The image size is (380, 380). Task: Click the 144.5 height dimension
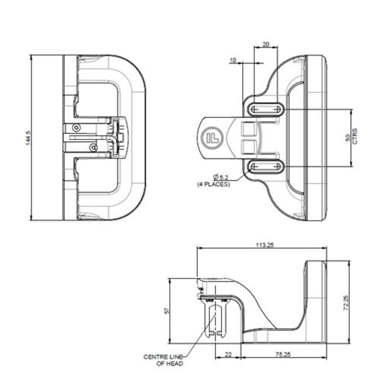(26, 138)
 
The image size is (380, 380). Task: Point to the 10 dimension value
(233, 60)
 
